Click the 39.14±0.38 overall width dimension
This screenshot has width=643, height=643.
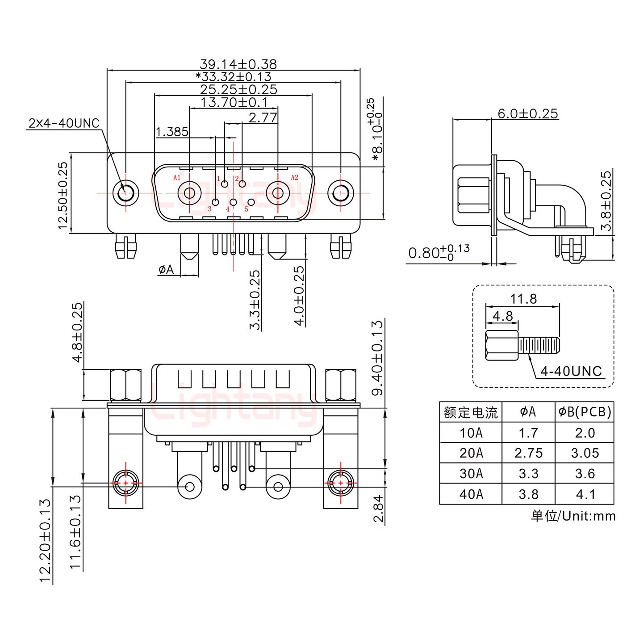point(238,64)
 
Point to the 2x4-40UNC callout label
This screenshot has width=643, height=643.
point(64,123)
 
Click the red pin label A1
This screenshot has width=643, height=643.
point(177,178)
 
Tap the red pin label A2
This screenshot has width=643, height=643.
point(294,178)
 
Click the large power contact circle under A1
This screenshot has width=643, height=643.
point(189,193)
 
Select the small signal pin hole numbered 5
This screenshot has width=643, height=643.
point(251,202)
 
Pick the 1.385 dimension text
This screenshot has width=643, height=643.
point(172,132)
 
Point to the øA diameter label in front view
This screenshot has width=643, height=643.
point(166,269)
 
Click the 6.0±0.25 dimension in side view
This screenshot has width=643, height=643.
point(528,113)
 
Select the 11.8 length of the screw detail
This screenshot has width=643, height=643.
point(523,298)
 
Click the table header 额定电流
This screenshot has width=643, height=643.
point(471,412)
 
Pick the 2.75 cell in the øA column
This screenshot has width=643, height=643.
point(528,453)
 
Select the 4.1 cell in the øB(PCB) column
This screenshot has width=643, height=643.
point(585,494)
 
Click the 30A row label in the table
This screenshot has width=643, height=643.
point(471,474)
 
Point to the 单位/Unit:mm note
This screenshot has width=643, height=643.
point(573,516)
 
